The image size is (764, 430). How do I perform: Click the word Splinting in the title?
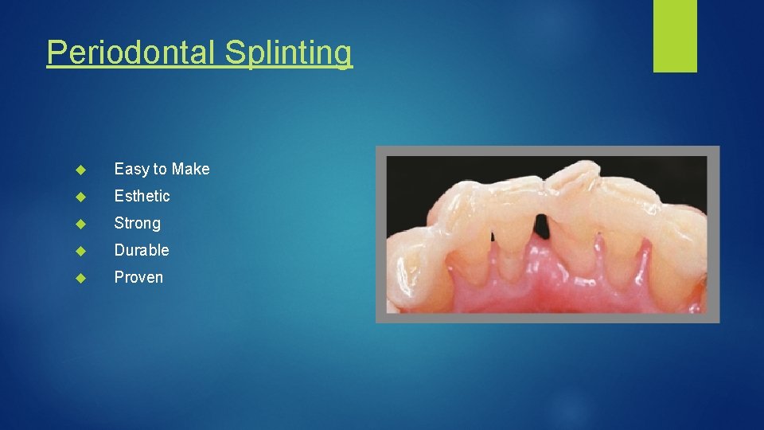(x=287, y=53)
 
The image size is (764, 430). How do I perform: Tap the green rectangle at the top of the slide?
(x=675, y=35)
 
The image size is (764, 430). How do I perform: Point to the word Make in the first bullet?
(x=191, y=169)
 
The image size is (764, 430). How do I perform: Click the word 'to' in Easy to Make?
(x=160, y=169)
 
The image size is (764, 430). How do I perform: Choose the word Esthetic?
(x=142, y=196)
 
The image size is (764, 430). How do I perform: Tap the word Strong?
(x=137, y=223)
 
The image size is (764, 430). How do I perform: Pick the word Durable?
(x=142, y=250)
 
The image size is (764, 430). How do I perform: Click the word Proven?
(x=138, y=277)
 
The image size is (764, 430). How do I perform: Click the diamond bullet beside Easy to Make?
(x=80, y=169)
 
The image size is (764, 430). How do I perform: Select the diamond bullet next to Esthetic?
(x=80, y=196)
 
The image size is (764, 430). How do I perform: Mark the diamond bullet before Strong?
(x=80, y=223)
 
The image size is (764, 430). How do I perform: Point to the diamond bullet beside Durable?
(x=80, y=250)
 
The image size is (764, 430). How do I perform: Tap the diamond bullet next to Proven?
(x=80, y=277)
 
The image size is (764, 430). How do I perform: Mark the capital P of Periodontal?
(x=55, y=53)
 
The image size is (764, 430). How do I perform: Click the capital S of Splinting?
(x=233, y=53)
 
